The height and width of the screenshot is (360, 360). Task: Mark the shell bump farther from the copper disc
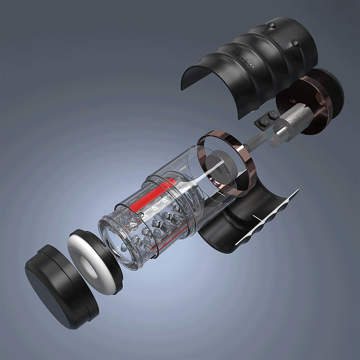(x=271, y=25)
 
